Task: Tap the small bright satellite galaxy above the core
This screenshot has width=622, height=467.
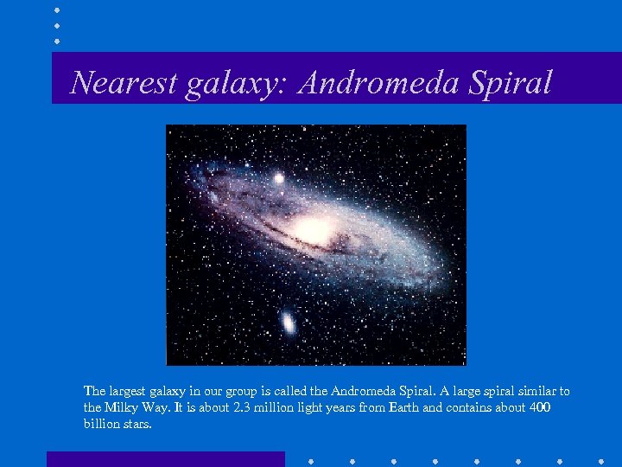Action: coord(279,179)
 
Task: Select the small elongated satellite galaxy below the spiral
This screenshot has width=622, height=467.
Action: coord(288,323)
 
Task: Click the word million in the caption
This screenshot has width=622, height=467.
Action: coord(281,407)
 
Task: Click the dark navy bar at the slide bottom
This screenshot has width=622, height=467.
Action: coord(165,459)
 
